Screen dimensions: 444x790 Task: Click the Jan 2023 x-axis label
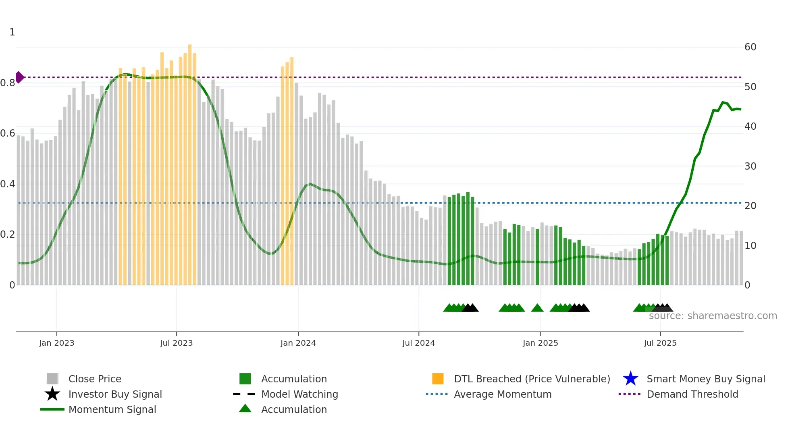(x=56, y=343)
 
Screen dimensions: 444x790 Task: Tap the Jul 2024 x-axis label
(x=418, y=343)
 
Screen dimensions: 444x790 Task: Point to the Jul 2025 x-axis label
(x=660, y=343)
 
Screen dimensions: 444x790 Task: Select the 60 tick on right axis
(x=750, y=47)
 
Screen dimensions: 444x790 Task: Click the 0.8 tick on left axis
(x=8, y=83)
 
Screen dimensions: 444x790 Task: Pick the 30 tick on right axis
(x=750, y=166)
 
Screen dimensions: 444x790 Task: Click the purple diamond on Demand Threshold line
(x=20, y=77)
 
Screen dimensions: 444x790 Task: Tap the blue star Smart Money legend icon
(x=630, y=379)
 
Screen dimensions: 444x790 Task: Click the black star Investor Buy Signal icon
(x=52, y=394)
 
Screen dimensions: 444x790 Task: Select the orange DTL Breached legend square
(x=438, y=379)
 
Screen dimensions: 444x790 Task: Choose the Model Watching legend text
(x=299, y=394)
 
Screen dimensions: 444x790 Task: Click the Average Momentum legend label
(x=503, y=394)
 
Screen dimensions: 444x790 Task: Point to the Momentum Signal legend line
(x=52, y=409)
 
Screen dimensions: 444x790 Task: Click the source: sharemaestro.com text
(x=713, y=316)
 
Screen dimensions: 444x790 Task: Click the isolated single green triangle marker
(x=537, y=308)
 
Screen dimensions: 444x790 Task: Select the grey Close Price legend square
(x=52, y=379)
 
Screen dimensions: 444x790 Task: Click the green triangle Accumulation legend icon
(x=245, y=409)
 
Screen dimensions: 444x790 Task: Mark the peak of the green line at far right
(x=723, y=102)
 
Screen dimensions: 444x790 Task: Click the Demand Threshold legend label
(x=692, y=394)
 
